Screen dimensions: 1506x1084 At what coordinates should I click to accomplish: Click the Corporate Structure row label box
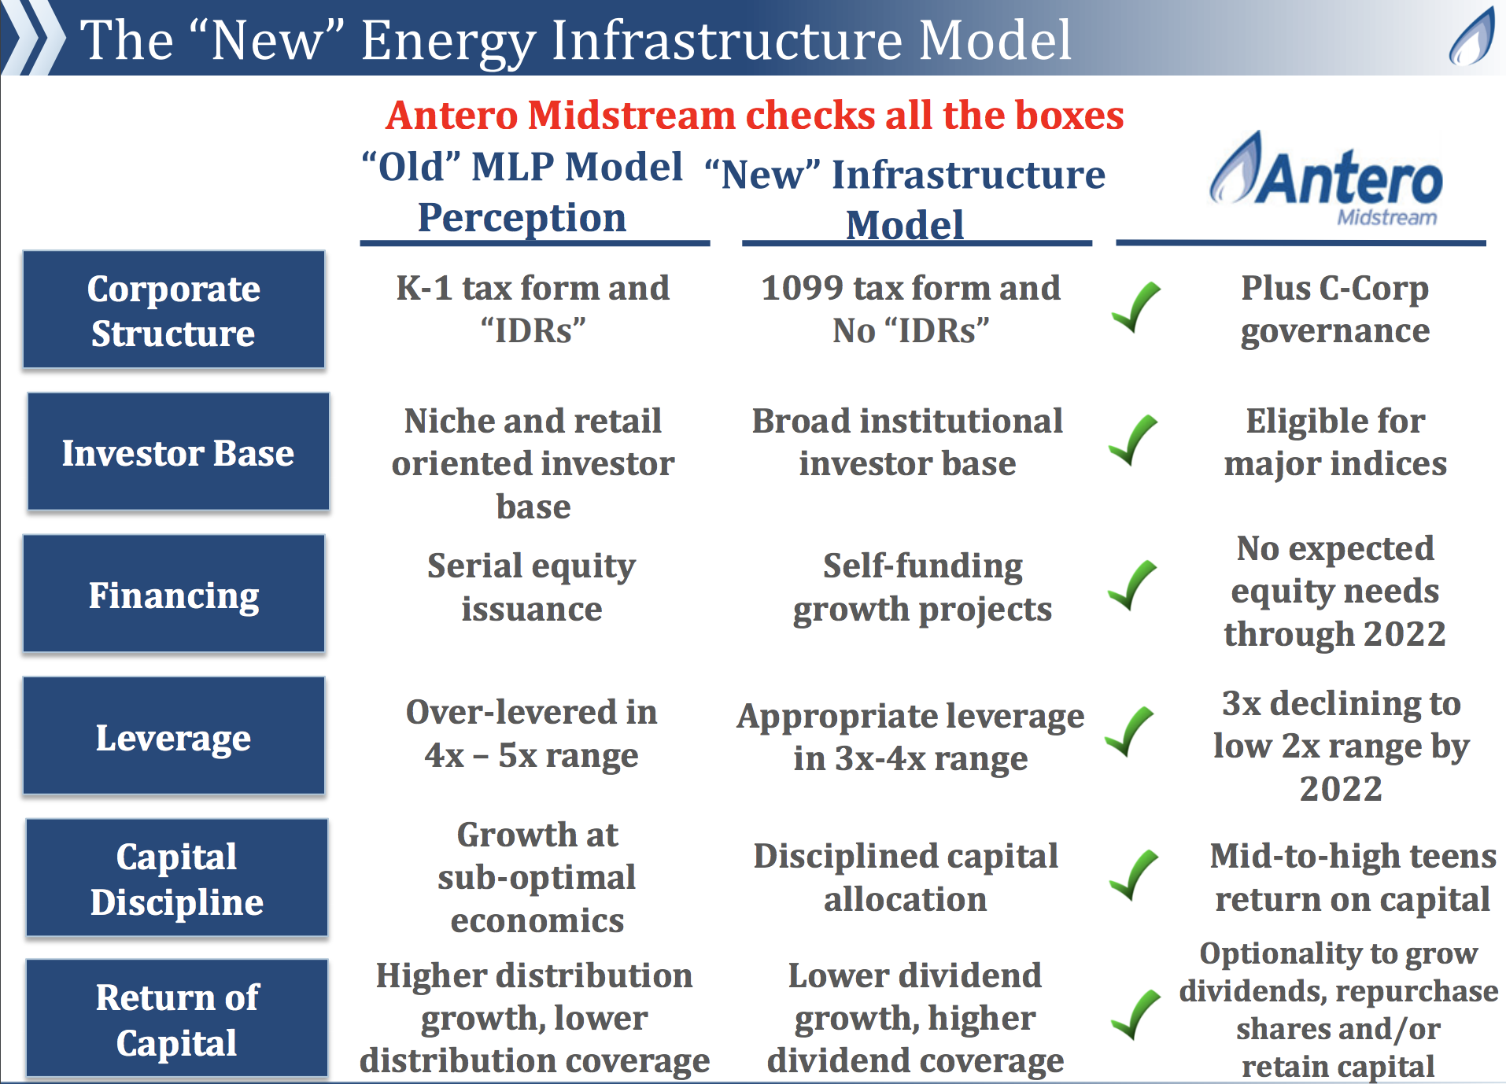(x=174, y=310)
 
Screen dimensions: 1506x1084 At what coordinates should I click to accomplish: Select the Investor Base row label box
(x=178, y=452)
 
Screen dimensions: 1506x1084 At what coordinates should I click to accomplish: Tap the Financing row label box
(x=174, y=594)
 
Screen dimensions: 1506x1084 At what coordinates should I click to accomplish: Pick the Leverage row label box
(x=174, y=736)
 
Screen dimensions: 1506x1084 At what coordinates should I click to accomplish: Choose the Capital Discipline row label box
(x=177, y=878)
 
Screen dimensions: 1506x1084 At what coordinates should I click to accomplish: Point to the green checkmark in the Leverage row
(x=1130, y=732)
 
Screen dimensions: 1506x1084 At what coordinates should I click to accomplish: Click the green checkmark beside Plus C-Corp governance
(x=1137, y=307)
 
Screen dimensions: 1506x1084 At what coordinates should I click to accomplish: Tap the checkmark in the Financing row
(x=1132, y=585)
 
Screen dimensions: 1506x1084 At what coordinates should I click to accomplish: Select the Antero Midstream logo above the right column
(x=1327, y=179)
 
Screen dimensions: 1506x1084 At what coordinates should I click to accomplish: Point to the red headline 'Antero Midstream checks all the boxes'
(x=755, y=116)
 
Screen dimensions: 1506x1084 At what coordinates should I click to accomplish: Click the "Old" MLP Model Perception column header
(x=522, y=192)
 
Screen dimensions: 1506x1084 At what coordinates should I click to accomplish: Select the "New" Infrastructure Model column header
(x=905, y=200)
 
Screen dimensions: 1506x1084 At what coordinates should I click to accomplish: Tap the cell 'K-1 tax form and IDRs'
(x=533, y=309)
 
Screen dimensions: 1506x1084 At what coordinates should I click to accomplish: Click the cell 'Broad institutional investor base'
(x=907, y=442)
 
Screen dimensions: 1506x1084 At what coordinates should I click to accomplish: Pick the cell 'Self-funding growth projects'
(x=922, y=587)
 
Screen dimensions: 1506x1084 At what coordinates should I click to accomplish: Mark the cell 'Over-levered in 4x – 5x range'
(x=532, y=733)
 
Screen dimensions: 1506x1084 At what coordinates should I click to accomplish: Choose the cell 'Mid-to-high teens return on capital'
(x=1353, y=877)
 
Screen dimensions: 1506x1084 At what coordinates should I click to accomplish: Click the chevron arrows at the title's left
(x=33, y=38)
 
